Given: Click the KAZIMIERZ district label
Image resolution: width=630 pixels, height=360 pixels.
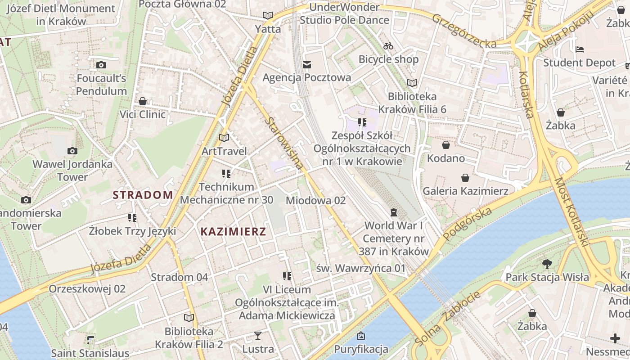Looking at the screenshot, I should pos(233,232).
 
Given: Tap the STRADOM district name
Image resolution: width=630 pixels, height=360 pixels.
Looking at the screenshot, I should pos(143,195).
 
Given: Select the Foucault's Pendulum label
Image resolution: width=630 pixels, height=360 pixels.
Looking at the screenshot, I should pos(101,85).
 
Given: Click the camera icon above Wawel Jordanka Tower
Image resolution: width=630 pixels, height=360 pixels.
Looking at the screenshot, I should pos(72,151).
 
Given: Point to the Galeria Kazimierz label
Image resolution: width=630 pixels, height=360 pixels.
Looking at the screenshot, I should pos(465,191).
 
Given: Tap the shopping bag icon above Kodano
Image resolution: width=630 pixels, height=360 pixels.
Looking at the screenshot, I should pos(445,145).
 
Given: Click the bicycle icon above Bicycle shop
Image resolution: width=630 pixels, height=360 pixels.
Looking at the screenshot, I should pos(388,46).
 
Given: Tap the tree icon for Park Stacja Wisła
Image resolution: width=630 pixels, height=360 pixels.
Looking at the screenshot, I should pos(547,264).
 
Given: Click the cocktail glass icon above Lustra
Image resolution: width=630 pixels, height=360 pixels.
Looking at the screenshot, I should pos(258,335).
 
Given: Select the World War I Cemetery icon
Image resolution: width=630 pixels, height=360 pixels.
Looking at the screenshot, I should pos(394,212).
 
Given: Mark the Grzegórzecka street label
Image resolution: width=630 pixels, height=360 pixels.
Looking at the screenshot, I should pos(464,31).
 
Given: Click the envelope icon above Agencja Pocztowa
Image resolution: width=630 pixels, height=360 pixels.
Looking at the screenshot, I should pos(307,65).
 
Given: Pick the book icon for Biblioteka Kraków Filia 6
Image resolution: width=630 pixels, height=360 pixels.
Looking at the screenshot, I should pos(412,83).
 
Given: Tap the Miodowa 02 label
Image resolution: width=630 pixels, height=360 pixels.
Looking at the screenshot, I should pos(315,200).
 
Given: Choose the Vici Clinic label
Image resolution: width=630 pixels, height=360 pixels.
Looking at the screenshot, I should pos(143,114).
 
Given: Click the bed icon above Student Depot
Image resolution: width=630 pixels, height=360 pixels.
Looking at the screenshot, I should pos(580,49).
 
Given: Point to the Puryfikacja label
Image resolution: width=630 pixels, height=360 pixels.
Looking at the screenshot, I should pos(361,349).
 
